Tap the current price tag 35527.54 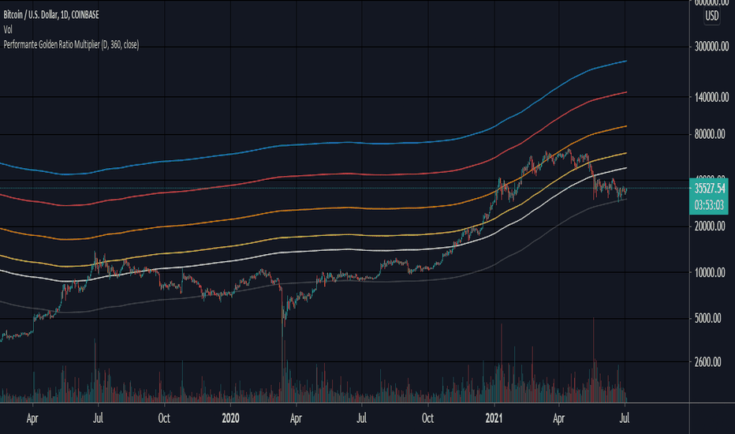click(x=711, y=189)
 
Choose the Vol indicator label click(x=9, y=31)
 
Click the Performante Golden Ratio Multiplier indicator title click(x=71, y=45)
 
